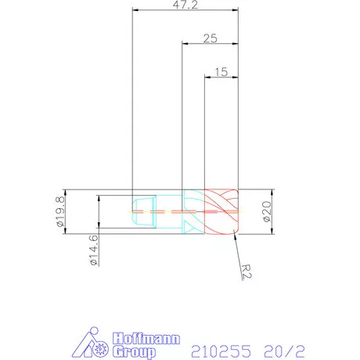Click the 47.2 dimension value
click(x=185, y=5)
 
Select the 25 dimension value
click(x=209, y=38)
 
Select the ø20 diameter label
click(x=268, y=211)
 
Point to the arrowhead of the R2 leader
click(x=235, y=237)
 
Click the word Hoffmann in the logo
click(x=146, y=339)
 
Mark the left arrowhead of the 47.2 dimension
click(x=135, y=11)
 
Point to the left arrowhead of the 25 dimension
click(x=185, y=44)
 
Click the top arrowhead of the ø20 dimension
click(x=272, y=192)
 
